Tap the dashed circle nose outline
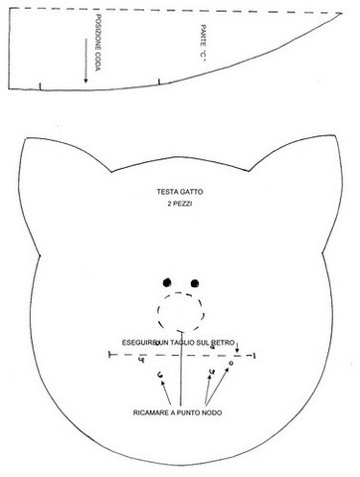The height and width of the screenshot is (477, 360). (180, 309)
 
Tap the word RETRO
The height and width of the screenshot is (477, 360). (220, 341)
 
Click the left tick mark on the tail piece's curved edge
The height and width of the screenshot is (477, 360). (39, 87)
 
